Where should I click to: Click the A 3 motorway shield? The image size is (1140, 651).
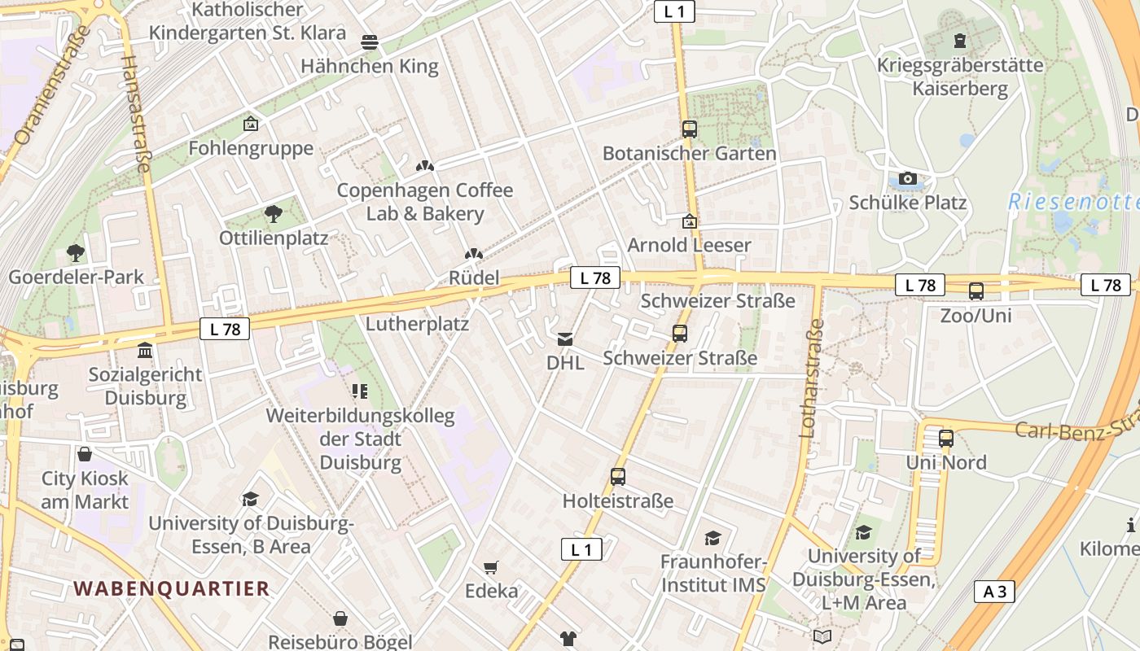pos(994,592)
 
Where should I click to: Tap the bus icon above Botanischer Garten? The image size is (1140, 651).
pos(690,129)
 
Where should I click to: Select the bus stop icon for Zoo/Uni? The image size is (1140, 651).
pos(976,291)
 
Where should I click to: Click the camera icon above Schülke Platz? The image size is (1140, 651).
pos(907,178)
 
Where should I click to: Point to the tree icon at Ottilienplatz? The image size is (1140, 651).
pos(273,214)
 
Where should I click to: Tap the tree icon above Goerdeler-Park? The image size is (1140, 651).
pos(76,253)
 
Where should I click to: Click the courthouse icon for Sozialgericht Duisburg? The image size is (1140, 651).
pos(145,351)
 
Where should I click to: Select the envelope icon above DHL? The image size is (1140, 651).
pos(565,339)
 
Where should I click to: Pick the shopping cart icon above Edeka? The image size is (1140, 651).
pos(490,567)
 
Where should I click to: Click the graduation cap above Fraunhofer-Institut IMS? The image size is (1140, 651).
pos(712,538)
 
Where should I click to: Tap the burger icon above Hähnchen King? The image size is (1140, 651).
pos(370,42)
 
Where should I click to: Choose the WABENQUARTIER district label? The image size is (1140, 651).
pos(171,588)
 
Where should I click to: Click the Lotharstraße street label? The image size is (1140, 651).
pos(813,378)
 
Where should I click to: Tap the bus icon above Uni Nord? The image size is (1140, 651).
pos(945,439)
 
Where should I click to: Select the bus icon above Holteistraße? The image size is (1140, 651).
pos(618,477)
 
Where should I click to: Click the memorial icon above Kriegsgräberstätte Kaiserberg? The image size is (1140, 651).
pos(960,41)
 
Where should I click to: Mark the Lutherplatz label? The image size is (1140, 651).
pos(417,324)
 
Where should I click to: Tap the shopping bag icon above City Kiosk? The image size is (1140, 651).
pos(85,454)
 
